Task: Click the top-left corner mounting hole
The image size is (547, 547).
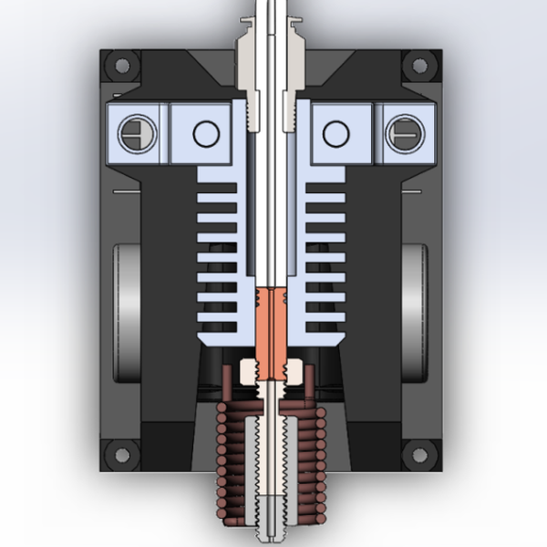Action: tap(120, 66)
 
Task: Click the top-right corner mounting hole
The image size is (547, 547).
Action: tap(420, 66)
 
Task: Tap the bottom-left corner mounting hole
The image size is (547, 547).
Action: tap(119, 453)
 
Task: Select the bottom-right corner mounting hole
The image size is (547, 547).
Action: tap(420, 453)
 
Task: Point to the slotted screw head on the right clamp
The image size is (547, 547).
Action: tap(405, 134)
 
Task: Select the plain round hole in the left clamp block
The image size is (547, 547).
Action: tap(205, 134)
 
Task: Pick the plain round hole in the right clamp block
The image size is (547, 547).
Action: tap(335, 134)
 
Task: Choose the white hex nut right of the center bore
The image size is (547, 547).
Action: tap(294, 371)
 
